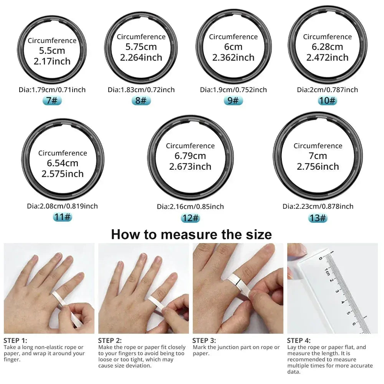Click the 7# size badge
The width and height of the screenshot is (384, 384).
point(52,101)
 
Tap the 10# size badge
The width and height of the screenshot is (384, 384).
point(327,101)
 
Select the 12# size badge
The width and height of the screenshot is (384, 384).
point(190,218)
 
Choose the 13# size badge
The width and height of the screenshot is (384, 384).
point(318,218)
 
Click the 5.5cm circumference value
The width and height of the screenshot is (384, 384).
point(52,51)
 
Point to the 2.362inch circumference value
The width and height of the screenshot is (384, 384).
point(233,58)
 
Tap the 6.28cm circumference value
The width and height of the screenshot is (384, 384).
point(327,47)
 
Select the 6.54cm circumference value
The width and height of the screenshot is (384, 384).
point(63,163)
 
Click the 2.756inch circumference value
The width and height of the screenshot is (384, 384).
point(318,167)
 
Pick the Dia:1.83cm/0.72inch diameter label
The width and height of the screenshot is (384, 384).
point(141,90)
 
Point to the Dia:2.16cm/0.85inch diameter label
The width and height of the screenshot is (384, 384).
point(190,207)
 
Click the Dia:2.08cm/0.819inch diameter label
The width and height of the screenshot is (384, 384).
point(63,206)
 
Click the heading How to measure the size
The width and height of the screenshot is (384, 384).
point(191,234)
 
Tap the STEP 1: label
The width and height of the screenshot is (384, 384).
point(15,340)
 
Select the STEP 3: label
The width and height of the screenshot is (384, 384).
point(204,340)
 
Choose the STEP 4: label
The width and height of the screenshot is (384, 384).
point(299,340)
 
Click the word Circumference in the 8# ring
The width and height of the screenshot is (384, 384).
point(141,37)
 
